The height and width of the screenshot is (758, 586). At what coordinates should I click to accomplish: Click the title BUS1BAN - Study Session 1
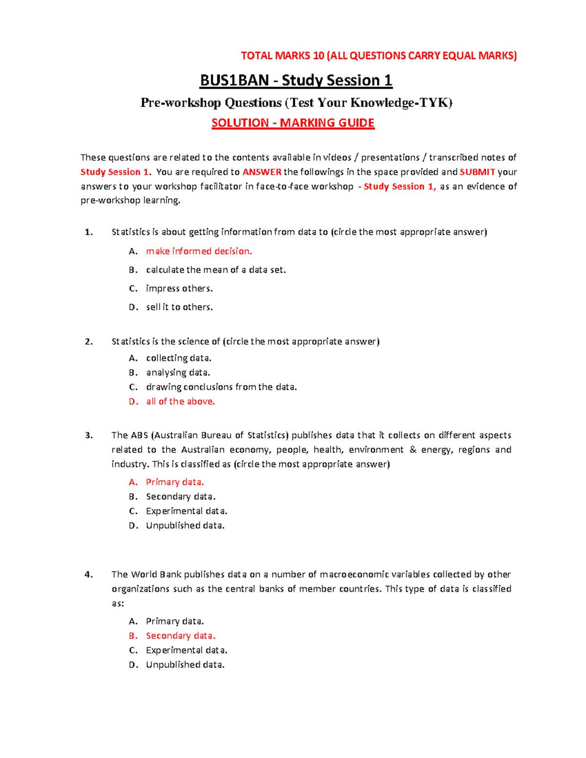click(295, 81)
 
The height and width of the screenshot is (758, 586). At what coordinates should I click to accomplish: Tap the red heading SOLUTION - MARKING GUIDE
click(293, 123)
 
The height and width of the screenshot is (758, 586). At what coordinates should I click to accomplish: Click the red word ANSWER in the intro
click(262, 172)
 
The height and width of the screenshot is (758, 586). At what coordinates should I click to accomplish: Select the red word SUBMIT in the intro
click(477, 172)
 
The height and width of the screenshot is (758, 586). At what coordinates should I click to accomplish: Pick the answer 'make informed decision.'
click(199, 251)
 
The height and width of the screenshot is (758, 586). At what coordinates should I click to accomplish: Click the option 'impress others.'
click(179, 288)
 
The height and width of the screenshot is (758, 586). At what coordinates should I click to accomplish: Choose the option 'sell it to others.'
click(179, 307)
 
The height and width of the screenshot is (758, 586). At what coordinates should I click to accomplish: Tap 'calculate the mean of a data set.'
click(216, 270)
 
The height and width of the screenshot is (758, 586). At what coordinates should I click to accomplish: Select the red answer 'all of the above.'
click(180, 402)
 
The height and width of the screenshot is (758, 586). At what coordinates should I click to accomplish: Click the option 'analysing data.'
click(178, 373)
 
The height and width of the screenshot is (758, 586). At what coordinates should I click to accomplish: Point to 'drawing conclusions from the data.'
click(221, 387)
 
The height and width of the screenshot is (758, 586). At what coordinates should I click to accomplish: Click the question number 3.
click(88, 435)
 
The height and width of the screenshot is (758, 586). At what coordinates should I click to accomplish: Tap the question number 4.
click(88, 574)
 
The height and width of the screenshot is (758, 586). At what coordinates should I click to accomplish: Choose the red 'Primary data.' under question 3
click(175, 482)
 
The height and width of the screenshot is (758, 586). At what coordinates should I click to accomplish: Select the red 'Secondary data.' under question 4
click(181, 636)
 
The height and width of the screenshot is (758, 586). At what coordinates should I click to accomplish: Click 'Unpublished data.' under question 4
click(185, 665)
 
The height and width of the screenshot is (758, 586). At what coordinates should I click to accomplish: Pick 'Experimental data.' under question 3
click(187, 511)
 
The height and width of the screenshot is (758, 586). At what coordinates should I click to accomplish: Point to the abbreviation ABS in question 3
click(139, 435)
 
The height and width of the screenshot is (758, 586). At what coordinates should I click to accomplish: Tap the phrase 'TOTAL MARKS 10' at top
click(282, 56)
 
